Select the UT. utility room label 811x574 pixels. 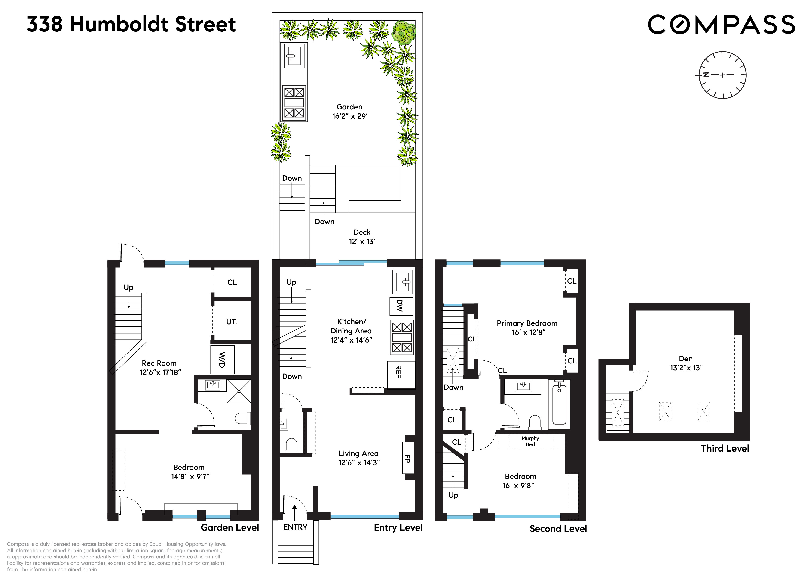point(231,322)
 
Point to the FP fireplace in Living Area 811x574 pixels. point(407,458)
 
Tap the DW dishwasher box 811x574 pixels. point(401,306)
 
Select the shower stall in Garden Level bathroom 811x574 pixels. point(239,391)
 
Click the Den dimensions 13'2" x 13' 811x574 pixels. point(686,368)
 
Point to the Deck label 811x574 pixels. point(362,232)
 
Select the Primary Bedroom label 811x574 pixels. point(527,323)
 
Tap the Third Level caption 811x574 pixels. point(725,448)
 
